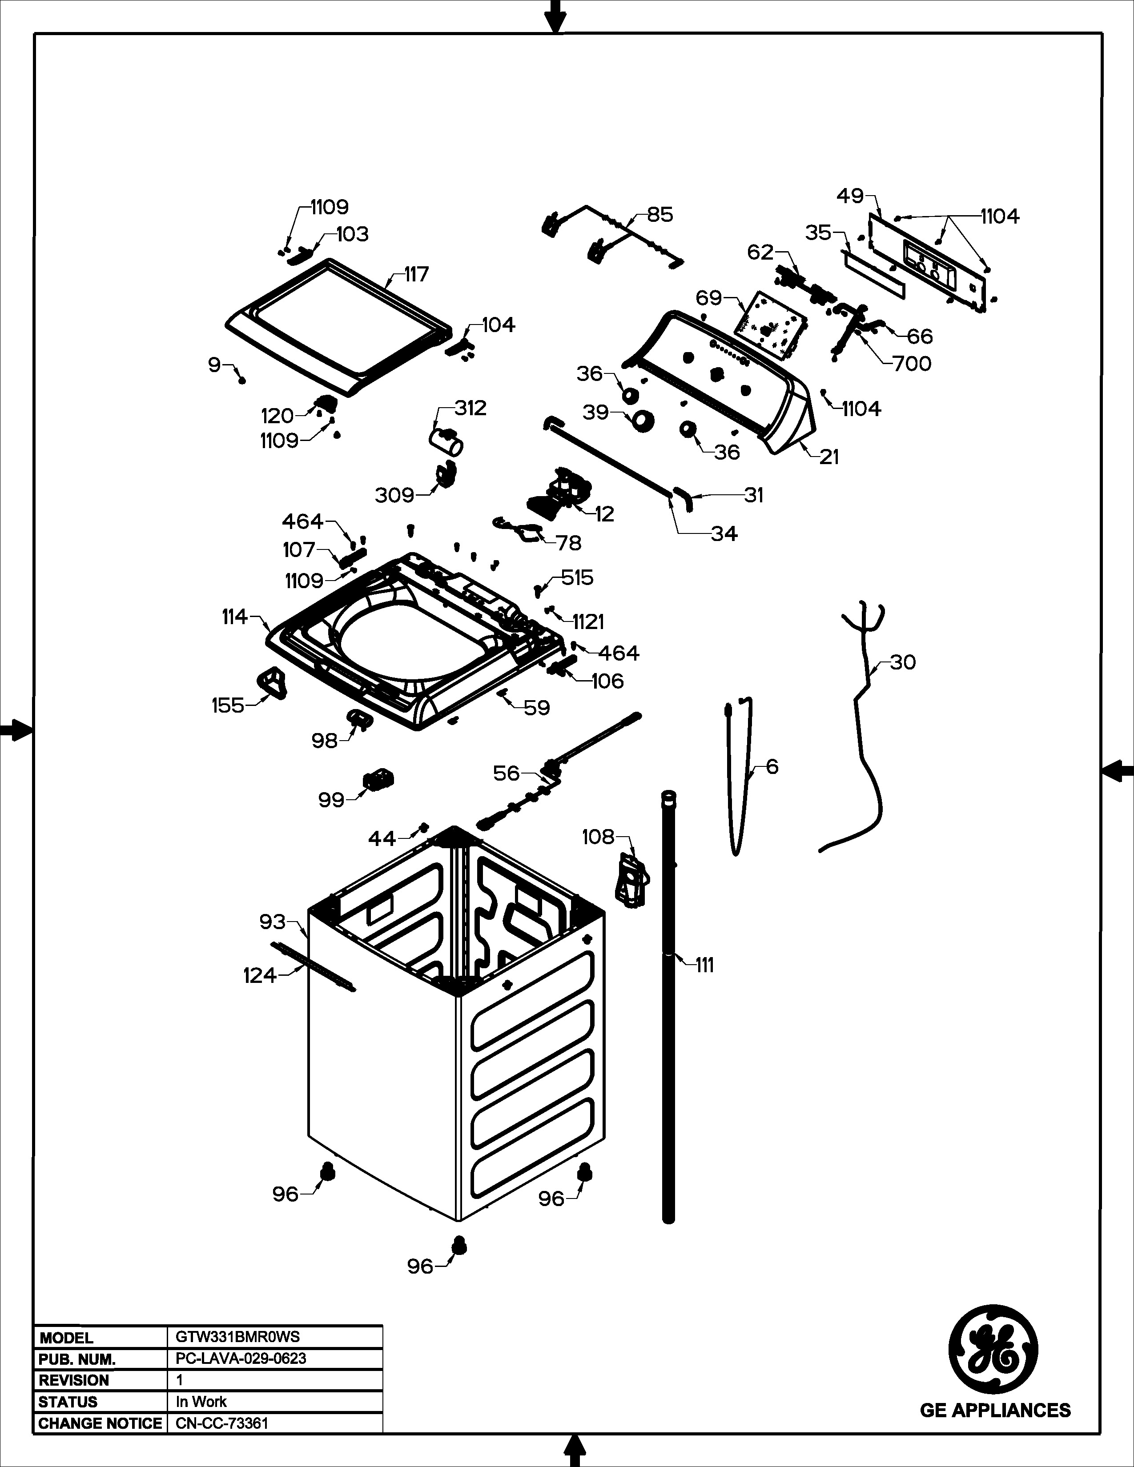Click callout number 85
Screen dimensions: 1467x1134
(659, 215)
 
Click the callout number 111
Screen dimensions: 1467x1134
(704, 965)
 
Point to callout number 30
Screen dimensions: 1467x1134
(903, 662)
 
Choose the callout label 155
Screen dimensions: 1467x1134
(228, 705)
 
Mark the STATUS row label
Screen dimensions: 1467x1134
(68, 1402)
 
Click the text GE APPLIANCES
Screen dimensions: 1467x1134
(995, 1409)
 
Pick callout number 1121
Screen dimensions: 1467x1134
(588, 622)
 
